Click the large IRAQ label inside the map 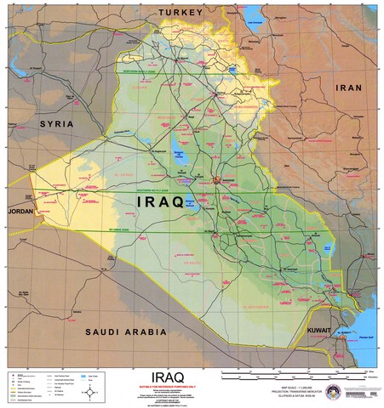click(x=160, y=203)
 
